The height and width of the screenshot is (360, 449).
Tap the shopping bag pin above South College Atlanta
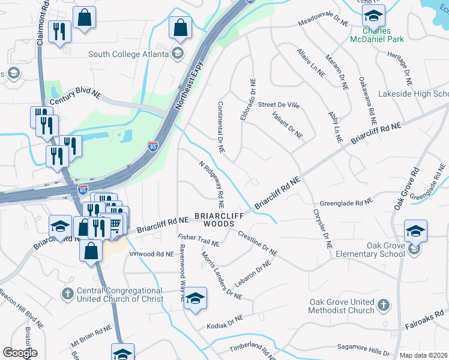180,28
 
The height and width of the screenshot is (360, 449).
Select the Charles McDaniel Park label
376,35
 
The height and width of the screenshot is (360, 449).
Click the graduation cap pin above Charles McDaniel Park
374,15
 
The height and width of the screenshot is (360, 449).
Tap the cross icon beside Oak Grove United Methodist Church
384,306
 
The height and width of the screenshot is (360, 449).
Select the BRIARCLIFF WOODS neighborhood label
214,219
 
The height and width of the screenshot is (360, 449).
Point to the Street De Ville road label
279,105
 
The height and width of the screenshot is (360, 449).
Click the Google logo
20,353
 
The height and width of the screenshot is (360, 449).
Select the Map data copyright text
424,355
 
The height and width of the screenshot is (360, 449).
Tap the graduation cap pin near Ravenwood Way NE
194,298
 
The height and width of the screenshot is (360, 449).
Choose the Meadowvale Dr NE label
324,22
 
